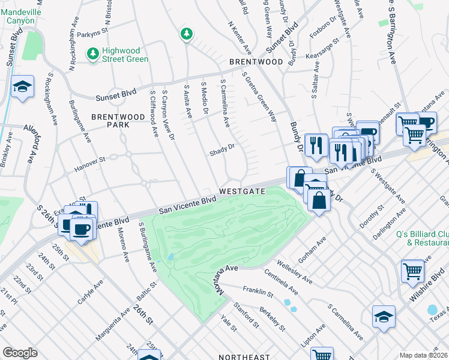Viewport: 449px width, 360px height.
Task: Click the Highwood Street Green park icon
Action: pos(92,55)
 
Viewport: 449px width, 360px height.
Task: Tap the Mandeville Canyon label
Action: pos(20,16)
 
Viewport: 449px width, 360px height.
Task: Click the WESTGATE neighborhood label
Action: pos(242,191)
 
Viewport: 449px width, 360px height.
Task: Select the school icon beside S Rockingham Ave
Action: pos(22,88)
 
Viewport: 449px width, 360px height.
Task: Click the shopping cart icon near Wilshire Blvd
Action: pos(412,271)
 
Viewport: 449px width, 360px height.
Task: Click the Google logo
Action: pos(20,352)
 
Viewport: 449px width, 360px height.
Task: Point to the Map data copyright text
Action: pos(423,355)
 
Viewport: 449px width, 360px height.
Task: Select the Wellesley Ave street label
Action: pos(294,271)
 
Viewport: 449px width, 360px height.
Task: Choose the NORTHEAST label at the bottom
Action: pos(244,357)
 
